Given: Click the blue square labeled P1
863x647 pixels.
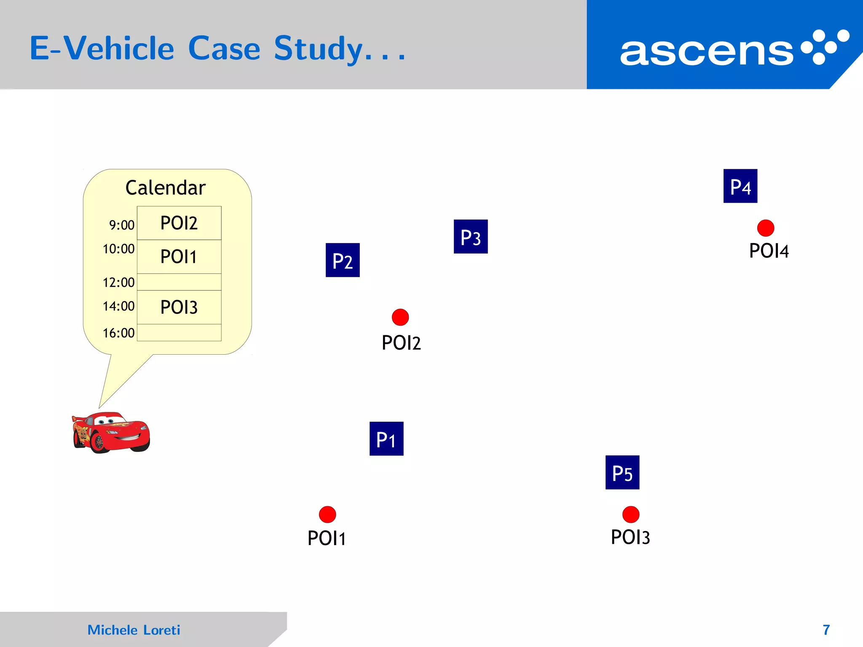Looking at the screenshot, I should click(x=386, y=438).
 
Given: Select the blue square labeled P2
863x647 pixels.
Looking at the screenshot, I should click(x=343, y=260).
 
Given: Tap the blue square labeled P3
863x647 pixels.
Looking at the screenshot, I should click(x=471, y=236).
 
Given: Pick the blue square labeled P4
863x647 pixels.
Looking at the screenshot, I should click(x=740, y=186).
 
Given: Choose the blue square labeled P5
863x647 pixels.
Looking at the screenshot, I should click(x=622, y=472).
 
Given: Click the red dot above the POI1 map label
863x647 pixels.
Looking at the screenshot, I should click(x=327, y=514).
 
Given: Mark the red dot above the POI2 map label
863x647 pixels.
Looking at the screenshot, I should click(x=400, y=317).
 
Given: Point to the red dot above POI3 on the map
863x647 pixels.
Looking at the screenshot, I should click(x=631, y=514).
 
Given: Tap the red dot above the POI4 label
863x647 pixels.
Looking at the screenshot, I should click(x=766, y=228).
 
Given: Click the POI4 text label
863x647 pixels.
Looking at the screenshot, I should click(x=769, y=251).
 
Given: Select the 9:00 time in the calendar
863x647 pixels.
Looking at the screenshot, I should click(x=122, y=225).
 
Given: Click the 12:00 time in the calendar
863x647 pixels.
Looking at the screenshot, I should click(x=119, y=282).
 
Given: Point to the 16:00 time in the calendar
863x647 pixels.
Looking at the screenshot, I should click(x=119, y=333).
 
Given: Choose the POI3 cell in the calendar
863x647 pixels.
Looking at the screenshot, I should click(x=179, y=307).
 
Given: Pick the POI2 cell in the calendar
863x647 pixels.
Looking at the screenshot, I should click(x=179, y=223).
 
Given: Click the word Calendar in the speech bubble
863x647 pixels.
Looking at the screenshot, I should click(x=166, y=188).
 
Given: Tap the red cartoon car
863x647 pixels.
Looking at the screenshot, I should click(x=111, y=432).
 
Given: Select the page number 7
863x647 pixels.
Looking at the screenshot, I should click(x=826, y=630).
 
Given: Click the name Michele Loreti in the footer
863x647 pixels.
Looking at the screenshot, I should click(x=134, y=630).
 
